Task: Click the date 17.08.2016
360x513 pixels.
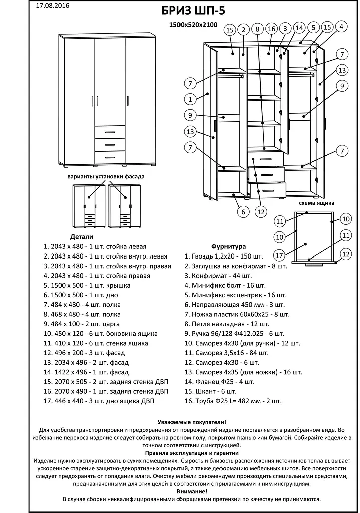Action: (x=53, y=6)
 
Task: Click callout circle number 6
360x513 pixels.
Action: (x=243, y=212)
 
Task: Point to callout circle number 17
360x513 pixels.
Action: (x=279, y=253)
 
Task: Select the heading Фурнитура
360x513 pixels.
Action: (x=228, y=246)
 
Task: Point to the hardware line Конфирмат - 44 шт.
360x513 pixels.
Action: (x=218, y=276)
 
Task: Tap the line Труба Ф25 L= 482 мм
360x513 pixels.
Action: (x=233, y=401)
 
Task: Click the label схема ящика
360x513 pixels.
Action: (x=317, y=203)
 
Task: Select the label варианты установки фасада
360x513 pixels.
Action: (x=106, y=177)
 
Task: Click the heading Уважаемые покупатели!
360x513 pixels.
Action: (x=192, y=422)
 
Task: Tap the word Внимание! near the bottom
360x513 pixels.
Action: (x=192, y=492)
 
